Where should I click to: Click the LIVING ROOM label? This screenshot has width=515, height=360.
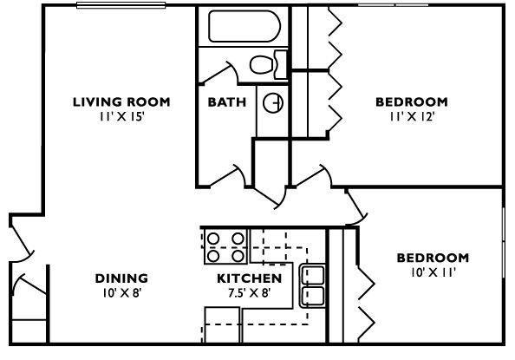click(x=121, y=101)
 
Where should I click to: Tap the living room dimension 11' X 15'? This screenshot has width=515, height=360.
click(x=121, y=115)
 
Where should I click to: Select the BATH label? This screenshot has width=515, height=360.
click(x=226, y=101)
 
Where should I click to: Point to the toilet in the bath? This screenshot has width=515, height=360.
click(x=264, y=63)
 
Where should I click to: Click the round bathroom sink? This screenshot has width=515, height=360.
click(x=273, y=101)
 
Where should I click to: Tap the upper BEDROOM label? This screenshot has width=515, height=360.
click(x=411, y=101)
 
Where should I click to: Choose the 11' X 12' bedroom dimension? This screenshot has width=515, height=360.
click(x=411, y=115)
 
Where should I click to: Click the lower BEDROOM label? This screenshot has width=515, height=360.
click(x=433, y=258)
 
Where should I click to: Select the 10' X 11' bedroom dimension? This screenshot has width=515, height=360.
click(x=433, y=272)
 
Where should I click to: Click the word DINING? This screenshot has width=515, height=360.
click(x=121, y=278)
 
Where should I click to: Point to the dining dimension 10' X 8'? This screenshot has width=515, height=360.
click(x=121, y=292)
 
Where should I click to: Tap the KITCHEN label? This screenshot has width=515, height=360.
click(x=249, y=278)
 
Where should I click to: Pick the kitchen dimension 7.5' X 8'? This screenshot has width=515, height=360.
click(x=249, y=292)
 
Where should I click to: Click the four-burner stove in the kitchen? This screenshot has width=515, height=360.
click(x=225, y=246)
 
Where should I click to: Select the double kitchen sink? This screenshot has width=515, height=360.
click(x=311, y=285)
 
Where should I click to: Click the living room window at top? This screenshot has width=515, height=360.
click(x=121, y=6)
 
